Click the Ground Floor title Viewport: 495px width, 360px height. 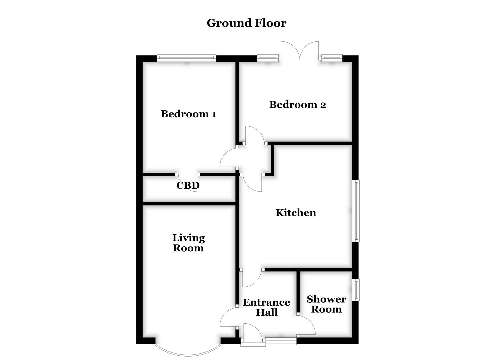[246, 23]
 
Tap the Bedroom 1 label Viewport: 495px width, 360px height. [188, 114]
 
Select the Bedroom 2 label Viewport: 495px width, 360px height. [297, 105]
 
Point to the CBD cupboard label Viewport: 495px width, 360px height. [188, 185]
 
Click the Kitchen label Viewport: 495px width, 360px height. [296, 213]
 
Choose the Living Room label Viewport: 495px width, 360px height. [188, 243]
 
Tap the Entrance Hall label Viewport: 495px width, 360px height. [266, 307]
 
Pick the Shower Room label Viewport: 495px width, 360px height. [326, 304]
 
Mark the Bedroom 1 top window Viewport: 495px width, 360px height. [187, 58]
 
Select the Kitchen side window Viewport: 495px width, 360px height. [357, 211]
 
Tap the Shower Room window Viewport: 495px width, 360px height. [356, 290]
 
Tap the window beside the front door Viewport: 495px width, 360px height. [281, 341]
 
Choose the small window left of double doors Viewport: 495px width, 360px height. [268, 58]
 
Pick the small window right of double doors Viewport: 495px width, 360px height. [331, 58]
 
